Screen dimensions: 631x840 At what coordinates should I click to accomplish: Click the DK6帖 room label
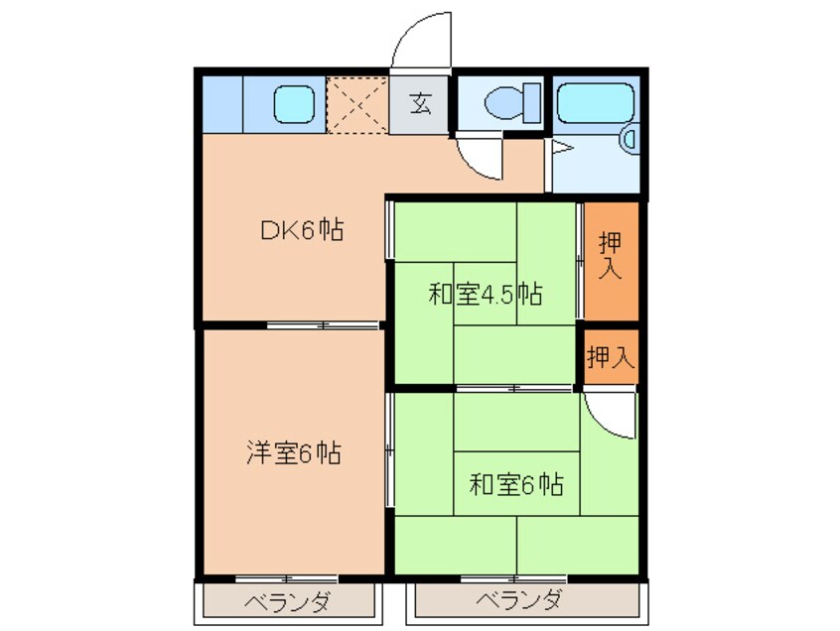[302, 231]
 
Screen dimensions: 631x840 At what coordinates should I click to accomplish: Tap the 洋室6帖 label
[294, 453]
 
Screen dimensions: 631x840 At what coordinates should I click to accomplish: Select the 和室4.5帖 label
[485, 294]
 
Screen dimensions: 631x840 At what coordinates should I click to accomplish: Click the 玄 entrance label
[421, 103]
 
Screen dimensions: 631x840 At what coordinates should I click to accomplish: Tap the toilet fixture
[510, 102]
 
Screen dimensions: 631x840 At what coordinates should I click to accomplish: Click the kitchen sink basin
[293, 102]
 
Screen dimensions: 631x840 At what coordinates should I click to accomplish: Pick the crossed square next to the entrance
[357, 104]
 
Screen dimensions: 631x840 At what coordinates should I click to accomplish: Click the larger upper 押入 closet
[611, 260]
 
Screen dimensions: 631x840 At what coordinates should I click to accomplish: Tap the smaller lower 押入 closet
[610, 357]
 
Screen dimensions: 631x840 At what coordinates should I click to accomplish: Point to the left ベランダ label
[288, 602]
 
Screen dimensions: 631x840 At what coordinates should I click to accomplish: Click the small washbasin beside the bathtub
[630, 140]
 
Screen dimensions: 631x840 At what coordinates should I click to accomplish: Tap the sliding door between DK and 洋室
[322, 324]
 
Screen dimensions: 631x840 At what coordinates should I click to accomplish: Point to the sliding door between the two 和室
[515, 387]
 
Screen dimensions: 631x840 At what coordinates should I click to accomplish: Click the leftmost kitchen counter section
[222, 103]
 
